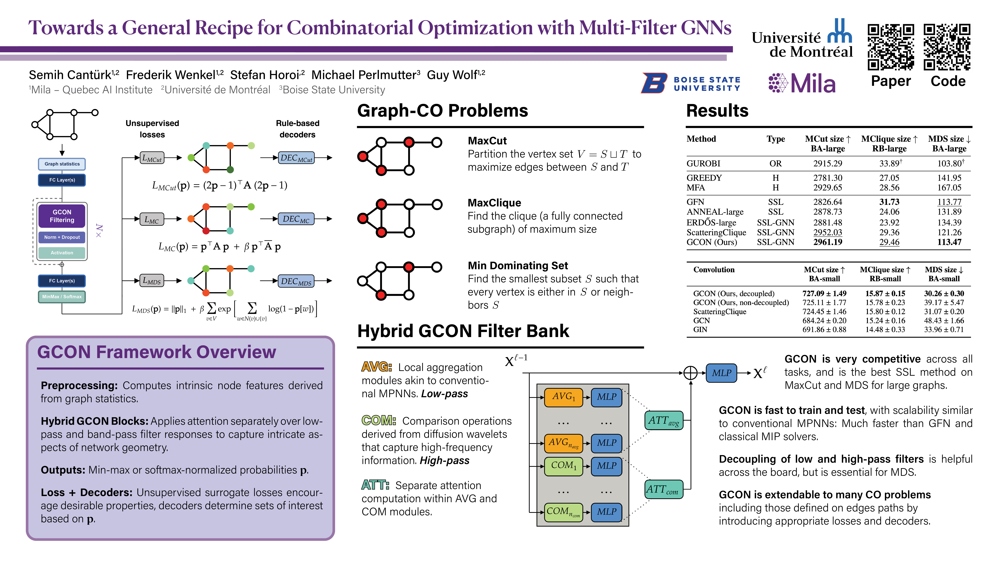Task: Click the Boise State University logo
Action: pos(691,83)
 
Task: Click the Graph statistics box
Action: pos(62,164)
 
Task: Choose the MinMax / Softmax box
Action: pos(62,297)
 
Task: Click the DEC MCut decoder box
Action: pos(296,158)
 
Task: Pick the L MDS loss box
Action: pos(152,280)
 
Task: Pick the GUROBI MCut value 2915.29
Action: pos(828,164)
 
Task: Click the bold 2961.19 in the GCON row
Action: pos(828,242)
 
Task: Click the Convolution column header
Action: pos(714,270)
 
